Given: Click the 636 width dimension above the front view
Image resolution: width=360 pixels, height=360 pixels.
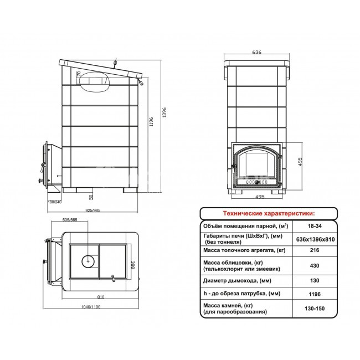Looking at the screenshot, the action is [256, 52].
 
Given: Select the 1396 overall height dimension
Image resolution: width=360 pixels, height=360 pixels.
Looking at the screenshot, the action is [164, 112].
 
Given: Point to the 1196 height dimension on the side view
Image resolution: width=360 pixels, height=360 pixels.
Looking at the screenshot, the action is [151, 122].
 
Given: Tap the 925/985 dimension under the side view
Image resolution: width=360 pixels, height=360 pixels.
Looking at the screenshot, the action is [93, 210].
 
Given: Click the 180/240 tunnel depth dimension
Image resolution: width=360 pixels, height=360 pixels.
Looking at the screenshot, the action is [55, 202].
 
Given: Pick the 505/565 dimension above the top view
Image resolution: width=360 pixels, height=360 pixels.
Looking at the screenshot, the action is [70, 220].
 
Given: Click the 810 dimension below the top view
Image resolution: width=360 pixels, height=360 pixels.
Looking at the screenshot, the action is [101, 297].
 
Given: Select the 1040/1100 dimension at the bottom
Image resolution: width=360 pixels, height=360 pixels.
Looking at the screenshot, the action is [91, 307].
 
